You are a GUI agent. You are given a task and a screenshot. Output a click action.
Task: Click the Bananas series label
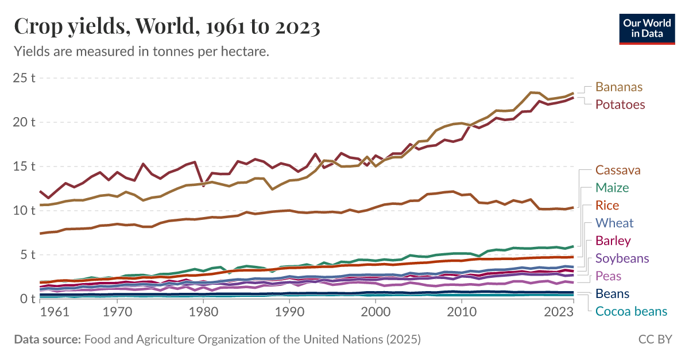619,87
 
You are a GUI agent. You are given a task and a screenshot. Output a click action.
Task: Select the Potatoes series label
620,104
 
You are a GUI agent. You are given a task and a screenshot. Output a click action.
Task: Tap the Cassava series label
618,170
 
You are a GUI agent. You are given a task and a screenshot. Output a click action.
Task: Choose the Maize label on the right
612,188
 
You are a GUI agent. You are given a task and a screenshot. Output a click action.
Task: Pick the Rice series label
607,206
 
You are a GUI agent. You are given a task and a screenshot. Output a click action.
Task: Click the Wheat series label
614,223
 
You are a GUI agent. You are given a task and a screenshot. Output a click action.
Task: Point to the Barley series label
613,241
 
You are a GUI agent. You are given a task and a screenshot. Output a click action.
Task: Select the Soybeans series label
622,258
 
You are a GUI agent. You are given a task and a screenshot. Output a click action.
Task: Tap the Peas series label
608,276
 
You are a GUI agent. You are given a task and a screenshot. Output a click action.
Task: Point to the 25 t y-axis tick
24,78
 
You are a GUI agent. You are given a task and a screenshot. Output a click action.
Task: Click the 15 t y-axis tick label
24,166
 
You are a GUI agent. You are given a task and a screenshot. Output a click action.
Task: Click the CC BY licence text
655,339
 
